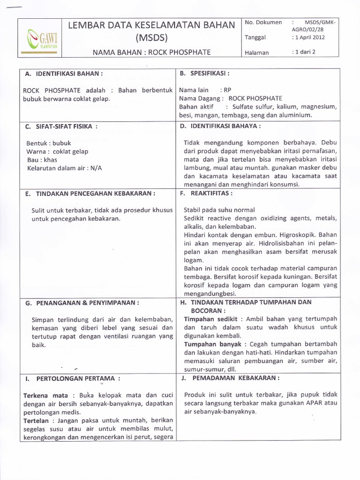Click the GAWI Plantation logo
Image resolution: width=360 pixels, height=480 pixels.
[41, 38]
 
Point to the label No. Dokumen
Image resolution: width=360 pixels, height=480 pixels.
[263, 22]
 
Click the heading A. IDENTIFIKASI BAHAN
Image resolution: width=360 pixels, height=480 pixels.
[63, 74]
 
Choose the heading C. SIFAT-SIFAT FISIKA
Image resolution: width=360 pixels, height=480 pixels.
[61, 126]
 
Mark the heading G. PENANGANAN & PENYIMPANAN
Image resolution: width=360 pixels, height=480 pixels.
[82, 303]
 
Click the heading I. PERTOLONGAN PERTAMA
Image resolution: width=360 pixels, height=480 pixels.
[72, 378]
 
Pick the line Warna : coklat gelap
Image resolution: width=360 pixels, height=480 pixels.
[57, 151]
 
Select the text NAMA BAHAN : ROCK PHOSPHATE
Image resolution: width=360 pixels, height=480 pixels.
[151, 52]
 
